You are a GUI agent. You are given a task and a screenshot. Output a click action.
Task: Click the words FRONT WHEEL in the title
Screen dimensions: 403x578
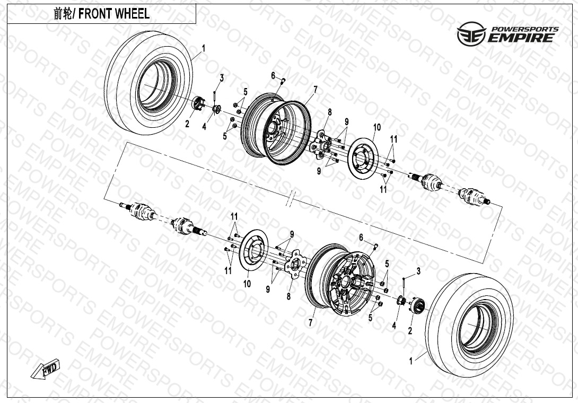(114, 14)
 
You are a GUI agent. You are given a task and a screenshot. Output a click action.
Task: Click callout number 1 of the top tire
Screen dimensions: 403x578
(204, 48)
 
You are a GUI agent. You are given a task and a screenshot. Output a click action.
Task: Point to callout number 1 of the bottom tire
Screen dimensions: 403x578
(411, 361)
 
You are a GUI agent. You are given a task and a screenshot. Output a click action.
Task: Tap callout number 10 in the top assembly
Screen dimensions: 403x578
(377, 127)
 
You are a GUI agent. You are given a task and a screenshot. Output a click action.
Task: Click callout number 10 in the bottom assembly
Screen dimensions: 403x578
(247, 284)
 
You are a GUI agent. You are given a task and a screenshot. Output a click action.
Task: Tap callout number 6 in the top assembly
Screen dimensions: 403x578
(273, 76)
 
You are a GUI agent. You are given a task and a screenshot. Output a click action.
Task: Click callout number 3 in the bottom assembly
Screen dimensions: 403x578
(418, 271)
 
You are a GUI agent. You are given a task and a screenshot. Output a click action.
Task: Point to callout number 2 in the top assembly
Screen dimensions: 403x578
(187, 125)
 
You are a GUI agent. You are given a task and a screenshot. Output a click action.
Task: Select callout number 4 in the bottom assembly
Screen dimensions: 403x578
(394, 326)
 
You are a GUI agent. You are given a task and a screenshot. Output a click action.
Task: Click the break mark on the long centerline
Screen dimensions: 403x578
(291, 201)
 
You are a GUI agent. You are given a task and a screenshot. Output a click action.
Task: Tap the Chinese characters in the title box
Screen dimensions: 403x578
(64, 14)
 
